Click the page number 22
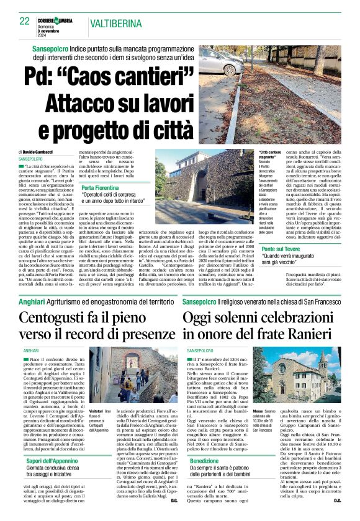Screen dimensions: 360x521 25,21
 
